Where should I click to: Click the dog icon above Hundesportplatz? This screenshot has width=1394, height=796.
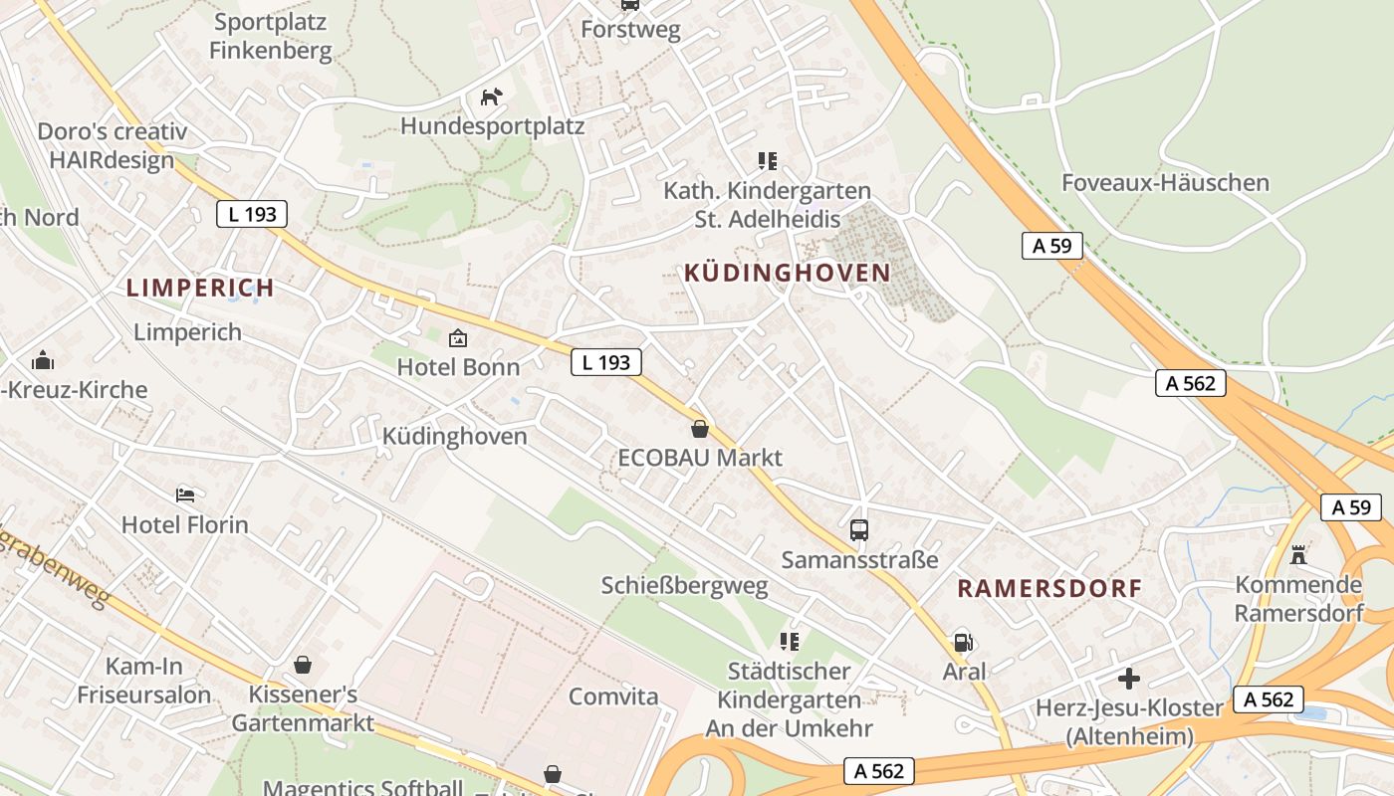coord(492,97)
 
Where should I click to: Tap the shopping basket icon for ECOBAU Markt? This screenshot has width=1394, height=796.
coord(700,429)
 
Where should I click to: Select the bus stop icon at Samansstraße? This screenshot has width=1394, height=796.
coord(859,530)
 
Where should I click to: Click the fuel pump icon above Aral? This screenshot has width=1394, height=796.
coord(963,642)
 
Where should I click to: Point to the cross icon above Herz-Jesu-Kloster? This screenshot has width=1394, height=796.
coord(1128,679)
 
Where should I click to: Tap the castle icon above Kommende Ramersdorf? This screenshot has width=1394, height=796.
coord(1297,554)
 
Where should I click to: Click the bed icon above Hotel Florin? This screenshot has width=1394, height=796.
coord(185,495)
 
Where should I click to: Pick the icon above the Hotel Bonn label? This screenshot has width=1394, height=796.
coord(458,338)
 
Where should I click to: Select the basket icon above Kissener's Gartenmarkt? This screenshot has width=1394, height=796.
coord(303,664)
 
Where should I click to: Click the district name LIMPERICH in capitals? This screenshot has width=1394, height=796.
coord(200,289)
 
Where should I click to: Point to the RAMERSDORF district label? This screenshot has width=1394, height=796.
coord(1049,588)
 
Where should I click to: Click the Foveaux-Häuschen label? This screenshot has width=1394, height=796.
coord(1165,183)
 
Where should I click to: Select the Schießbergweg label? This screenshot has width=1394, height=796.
coord(685,586)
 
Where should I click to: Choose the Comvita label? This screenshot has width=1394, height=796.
coord(613,696)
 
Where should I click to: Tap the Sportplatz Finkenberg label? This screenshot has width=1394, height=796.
coord(271,36)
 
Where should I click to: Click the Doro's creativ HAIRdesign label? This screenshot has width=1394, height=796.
coord(112,145)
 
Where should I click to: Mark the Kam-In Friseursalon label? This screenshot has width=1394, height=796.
coord(144,681)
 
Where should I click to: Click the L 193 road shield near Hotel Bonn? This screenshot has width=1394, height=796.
coord(606,363)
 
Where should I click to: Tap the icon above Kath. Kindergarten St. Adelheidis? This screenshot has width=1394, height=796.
coord(767,160)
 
